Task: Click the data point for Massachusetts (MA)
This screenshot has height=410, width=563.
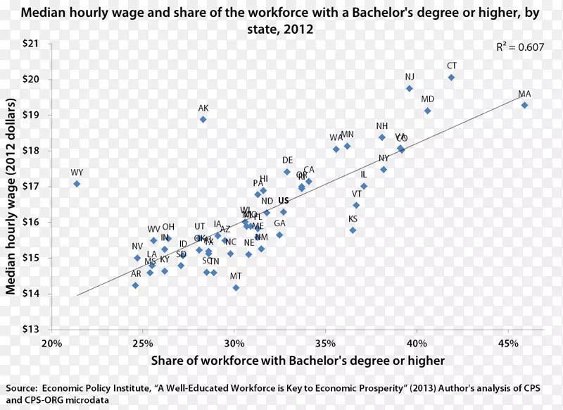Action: (x=524, y=105)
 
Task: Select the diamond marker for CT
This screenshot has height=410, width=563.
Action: (x=452, y=77)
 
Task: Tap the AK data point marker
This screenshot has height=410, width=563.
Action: (x=203, y=119)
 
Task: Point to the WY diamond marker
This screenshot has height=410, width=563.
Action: (x=77, y=184)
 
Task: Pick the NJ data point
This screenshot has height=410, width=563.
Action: (x=410, y=88)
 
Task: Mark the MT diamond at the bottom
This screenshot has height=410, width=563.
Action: (x=236, y=287)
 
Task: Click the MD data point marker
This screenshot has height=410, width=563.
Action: (x=428, y=111)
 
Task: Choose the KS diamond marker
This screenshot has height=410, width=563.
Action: (x=353, y=230)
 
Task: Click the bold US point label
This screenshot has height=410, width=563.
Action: (x=284, y=201)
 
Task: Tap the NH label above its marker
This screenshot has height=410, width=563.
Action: (x=381, y=126)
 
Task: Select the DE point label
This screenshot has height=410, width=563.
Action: (x=287, y=161)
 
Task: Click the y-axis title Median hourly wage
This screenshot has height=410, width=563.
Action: (x=12, y=186)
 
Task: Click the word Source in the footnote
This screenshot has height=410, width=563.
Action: (x=23, y=387)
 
